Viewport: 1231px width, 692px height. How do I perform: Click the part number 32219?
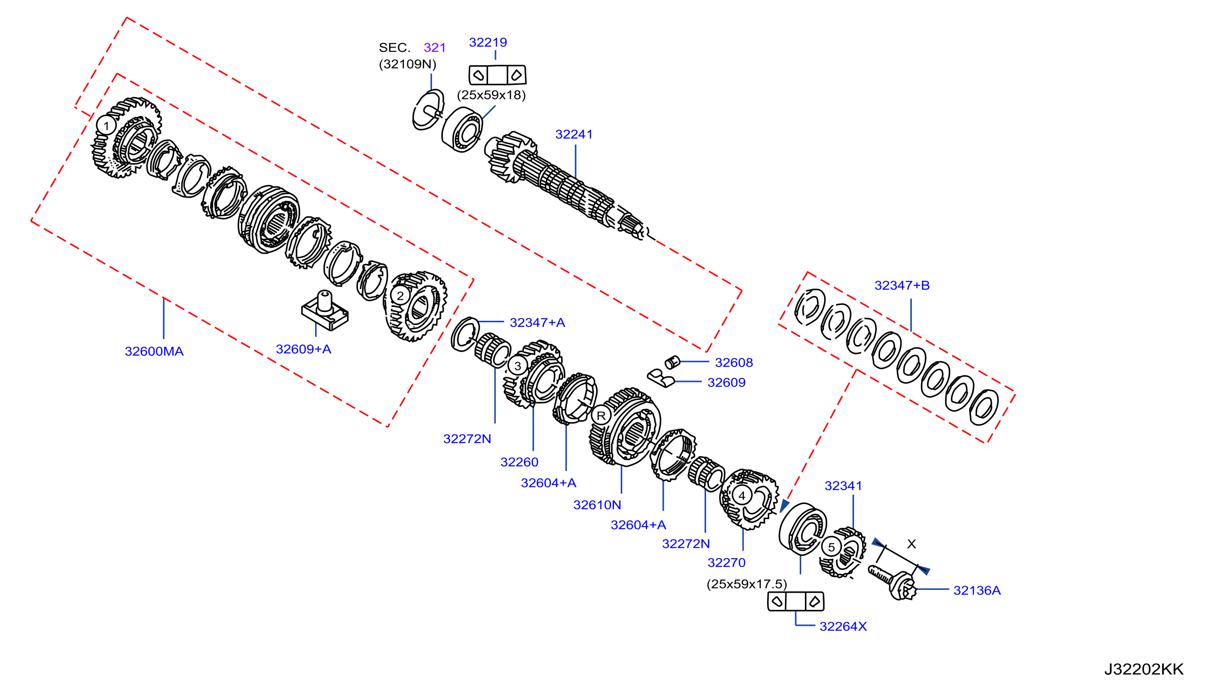(488, 42)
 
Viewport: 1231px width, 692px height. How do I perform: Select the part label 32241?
(573, 134)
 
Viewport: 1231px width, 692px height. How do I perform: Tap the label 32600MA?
(154, 352)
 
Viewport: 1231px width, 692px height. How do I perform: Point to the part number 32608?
(734, 362)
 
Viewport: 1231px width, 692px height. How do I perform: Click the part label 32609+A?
(303, 349)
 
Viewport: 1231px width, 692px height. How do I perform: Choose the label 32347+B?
(902, 285)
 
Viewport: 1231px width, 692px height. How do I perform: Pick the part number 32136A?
(977, 591)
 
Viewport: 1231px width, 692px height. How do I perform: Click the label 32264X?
(843, 626)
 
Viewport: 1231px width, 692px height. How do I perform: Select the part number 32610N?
(597, 505)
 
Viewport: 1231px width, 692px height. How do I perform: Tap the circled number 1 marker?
(106, 126)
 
